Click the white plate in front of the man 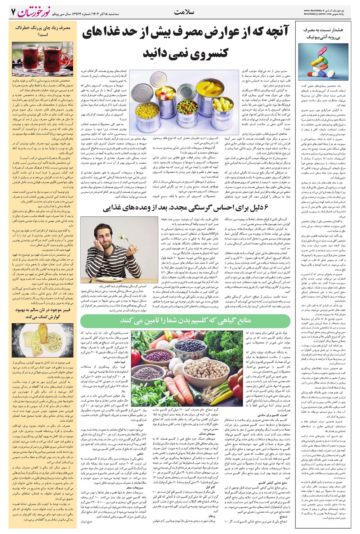98,279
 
